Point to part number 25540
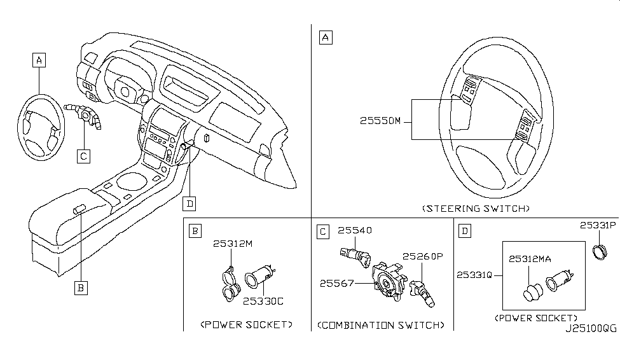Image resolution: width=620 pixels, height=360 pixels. click(x=354, y=230)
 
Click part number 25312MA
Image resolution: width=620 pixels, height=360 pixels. click(x=533, y=258)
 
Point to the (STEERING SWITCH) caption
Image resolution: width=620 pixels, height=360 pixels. click(x=476, y=209)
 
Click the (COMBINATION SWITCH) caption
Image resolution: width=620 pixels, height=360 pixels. click(x=380, y=325)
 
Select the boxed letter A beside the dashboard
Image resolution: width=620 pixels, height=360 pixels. click(x=39, y=60)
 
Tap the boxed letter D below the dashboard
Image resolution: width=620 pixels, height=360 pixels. click(x=189, y=204)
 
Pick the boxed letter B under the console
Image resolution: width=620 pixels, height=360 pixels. click(x=80, y=288)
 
